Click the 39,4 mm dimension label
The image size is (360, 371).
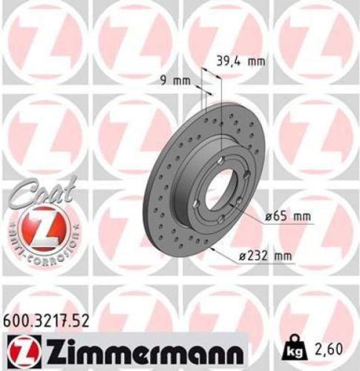pos(240,62)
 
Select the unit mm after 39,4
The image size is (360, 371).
pos(255,62)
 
